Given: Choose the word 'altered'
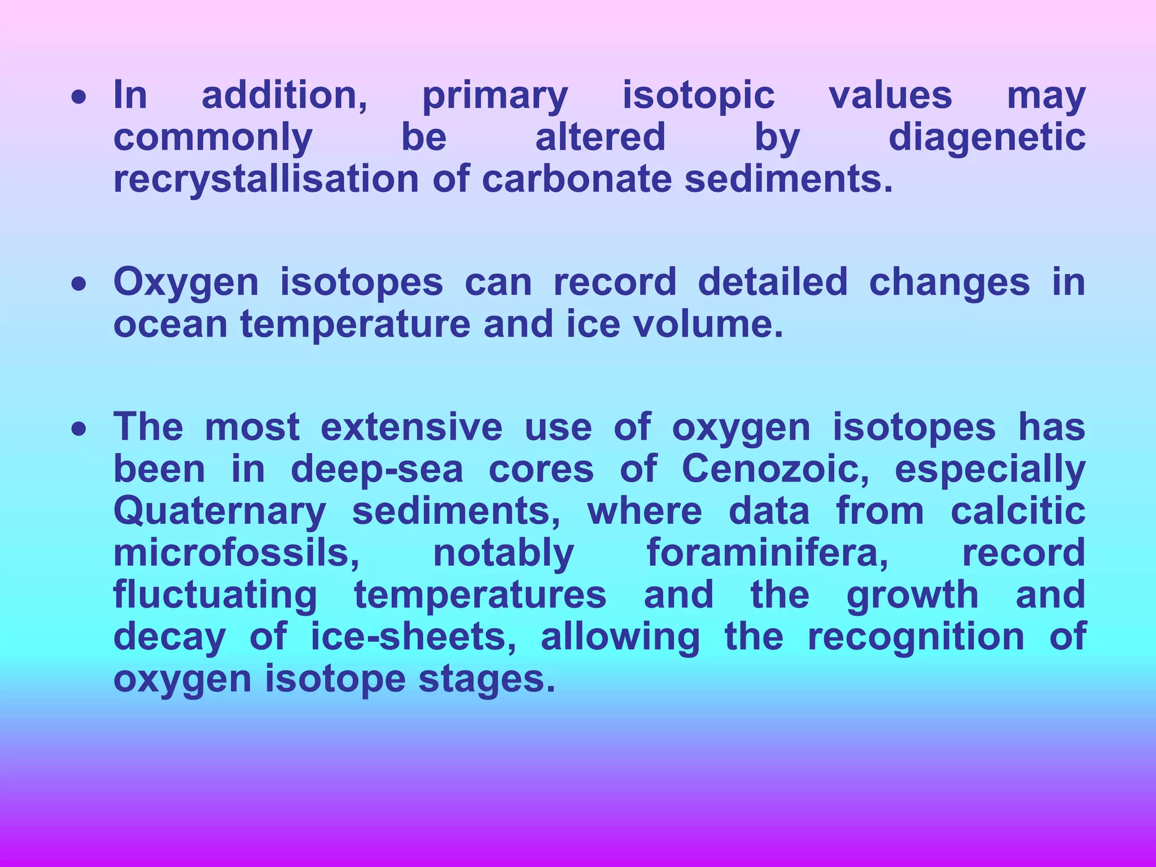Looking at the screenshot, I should pyautogui.click(x=600, y=138).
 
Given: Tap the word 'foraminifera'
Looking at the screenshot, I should pyautogui.click(x=767, y=553).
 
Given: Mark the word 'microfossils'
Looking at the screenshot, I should pyautogui.click(x=236, y=553).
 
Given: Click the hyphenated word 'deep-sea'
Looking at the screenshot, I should pyautogui.click(x=376, y=469).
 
